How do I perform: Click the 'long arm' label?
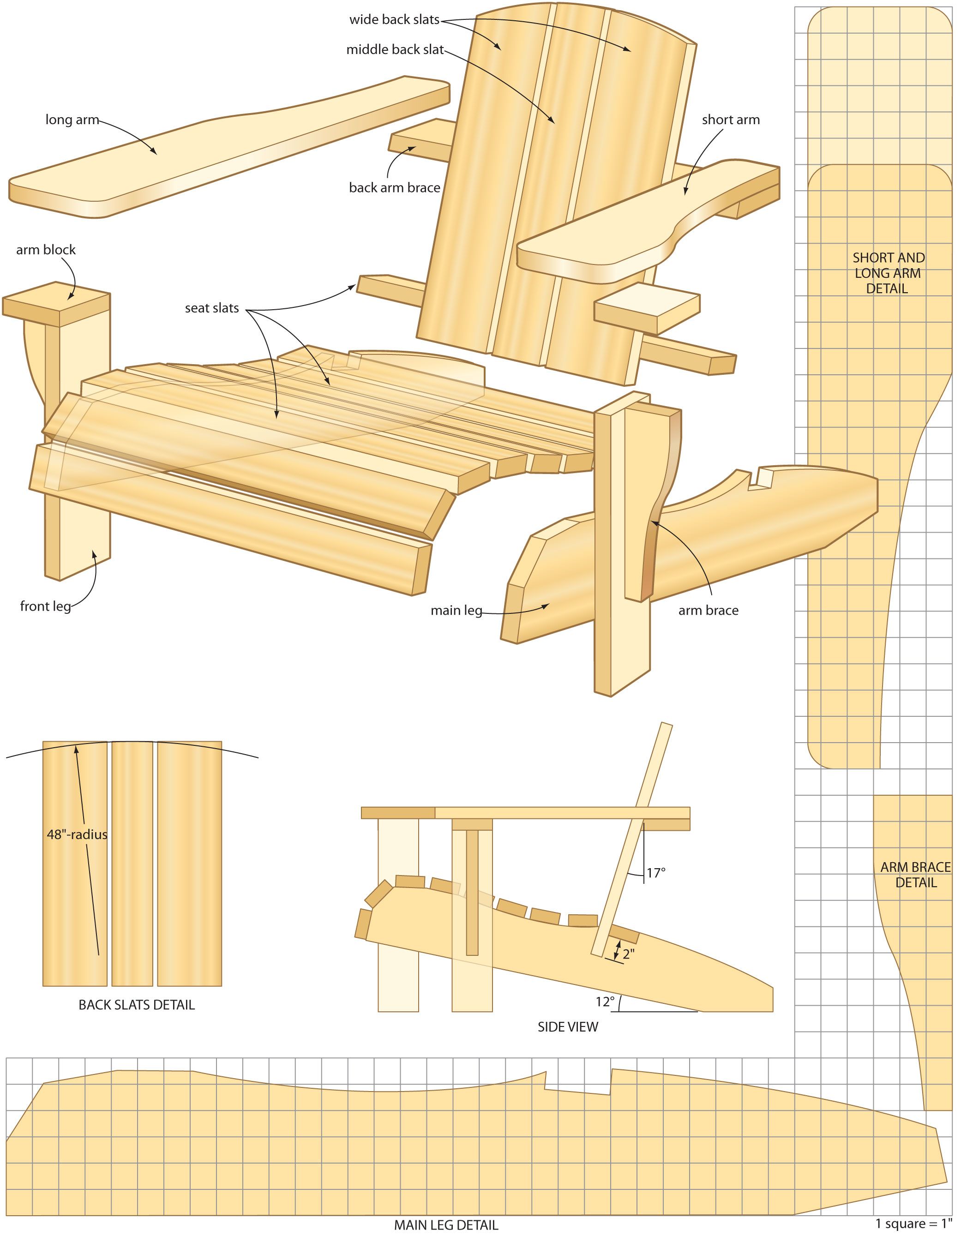pyautogui.click(x=72, y=120)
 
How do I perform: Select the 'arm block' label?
pyautogui.click(x=45, y=250)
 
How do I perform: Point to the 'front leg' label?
pyautogui.click(x=45, y=606)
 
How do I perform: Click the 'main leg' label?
pyautogui.click(x=456, y=610)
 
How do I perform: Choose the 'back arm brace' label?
pyautogui.click(x=395, y=187)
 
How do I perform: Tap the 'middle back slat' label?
pyautogui.click(x=395, y=50)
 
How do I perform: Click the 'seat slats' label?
pyautogui.click(x=212, y=308)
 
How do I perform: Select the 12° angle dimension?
pyautogui.click(x=605, y=1002)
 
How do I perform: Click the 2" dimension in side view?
pyautogui.click(x=629, y=954)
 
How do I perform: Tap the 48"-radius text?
pyautogui.click(x=77, y=834)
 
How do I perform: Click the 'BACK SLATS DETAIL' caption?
pyautogui.click(x=137, y=1005)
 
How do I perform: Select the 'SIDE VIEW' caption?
pyautogui.click(x=568, y=1027)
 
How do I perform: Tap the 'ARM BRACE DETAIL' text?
pyautogui.click(x=916, y=875)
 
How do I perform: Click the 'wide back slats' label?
pyautogui.click(x=394, y=20)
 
